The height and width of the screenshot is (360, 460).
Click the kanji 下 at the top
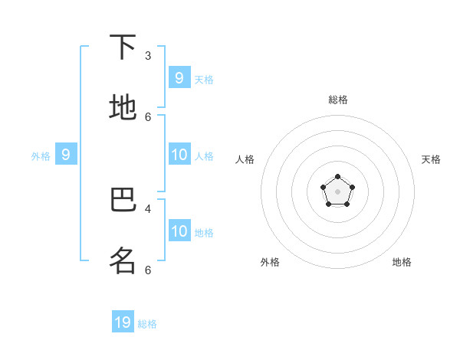[x=123, y=47]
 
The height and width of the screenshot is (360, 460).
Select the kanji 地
[x=123, y=107]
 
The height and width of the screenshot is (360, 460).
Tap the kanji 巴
[x=123, y=201]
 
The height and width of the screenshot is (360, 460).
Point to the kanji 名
[x=123, y=260]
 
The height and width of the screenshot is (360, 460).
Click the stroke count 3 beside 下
[x=148, y=55]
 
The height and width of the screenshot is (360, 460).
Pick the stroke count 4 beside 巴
[x=148, y=208]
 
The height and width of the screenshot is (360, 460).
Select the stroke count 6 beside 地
[x=148, y=116]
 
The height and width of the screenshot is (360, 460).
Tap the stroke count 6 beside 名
[x=148, y=270]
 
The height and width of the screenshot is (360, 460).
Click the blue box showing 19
[x=123, y=322]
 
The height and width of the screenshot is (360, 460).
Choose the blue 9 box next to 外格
[x=66, y=155]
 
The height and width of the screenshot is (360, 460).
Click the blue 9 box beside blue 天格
[x=179, y=77]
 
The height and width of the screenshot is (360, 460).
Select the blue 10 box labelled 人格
[x=179, y=155]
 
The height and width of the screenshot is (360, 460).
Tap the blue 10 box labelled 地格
[x=179, y=231]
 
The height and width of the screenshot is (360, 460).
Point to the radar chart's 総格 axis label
[x=338, y=100]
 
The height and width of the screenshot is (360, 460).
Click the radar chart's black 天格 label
[x=431, y=159]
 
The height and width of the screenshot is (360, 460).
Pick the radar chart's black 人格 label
[x=245, y=159]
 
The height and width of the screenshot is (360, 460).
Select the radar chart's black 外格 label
[x=270, y=262]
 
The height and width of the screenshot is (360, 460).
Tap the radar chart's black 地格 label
[x=402, y=262]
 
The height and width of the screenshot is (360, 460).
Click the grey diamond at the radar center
[x=338, y=191]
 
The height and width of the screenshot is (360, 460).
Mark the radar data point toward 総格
[x=338, y=177]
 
